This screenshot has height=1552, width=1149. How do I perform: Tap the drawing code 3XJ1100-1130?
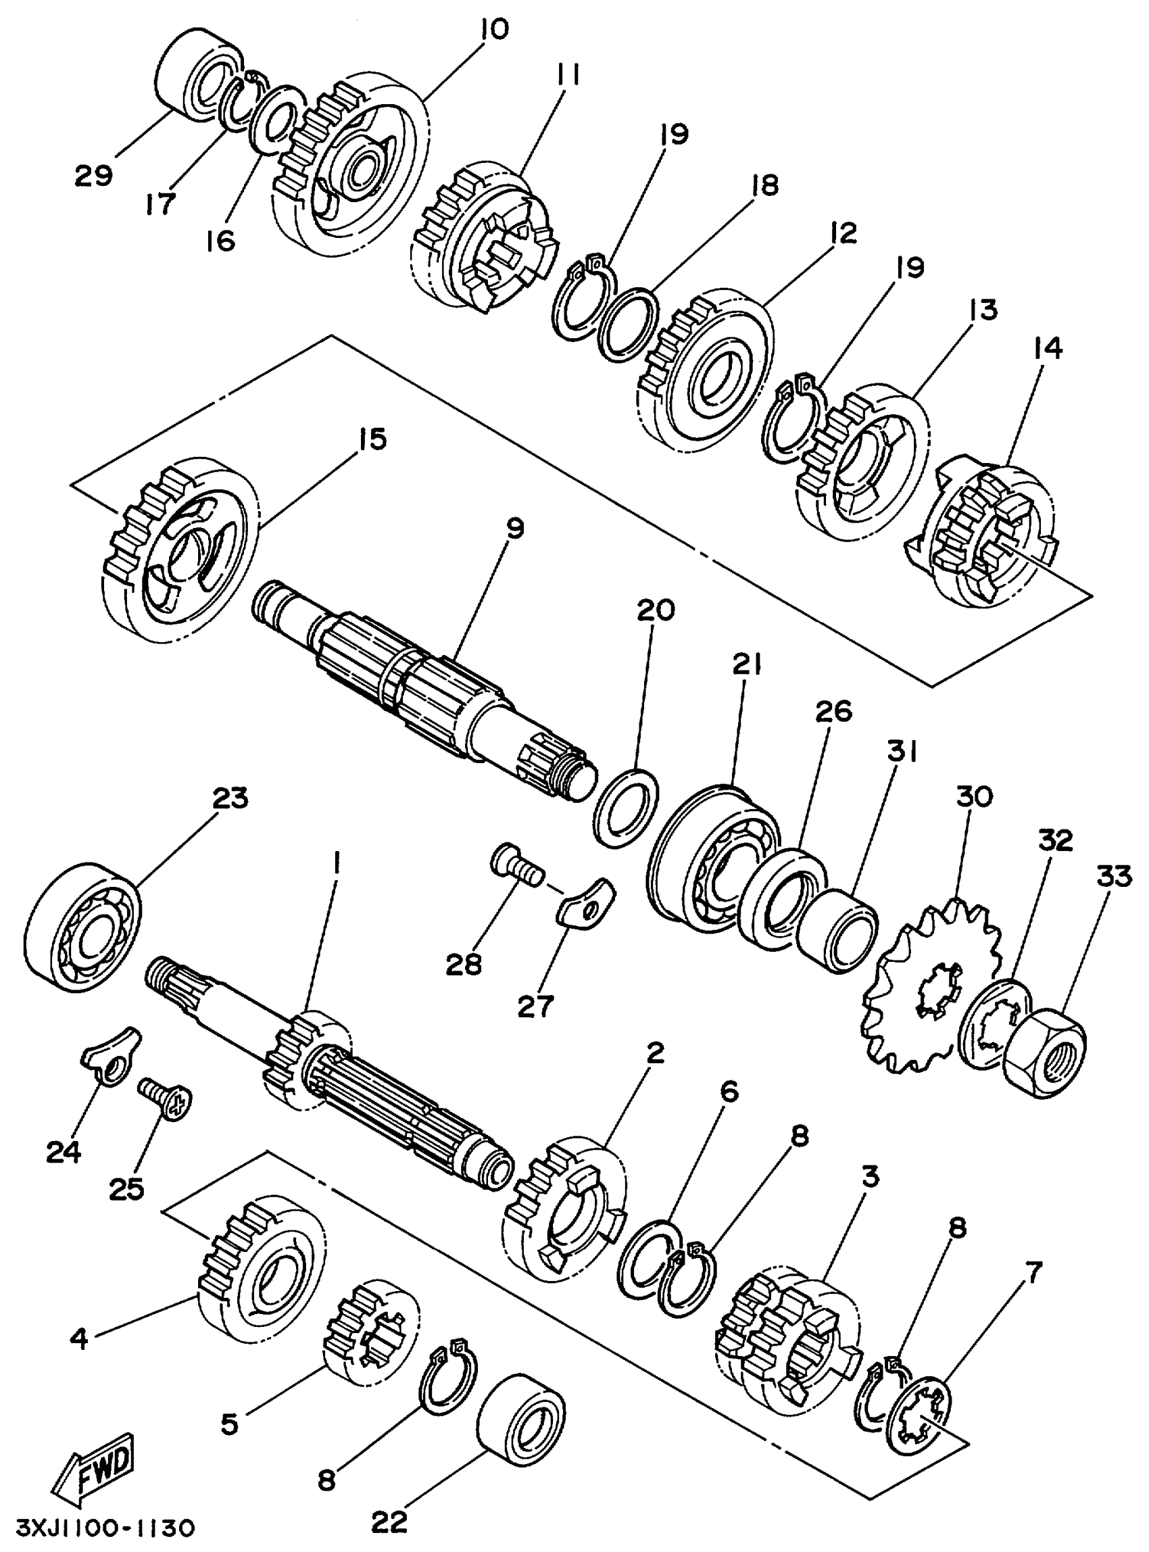click(x=98, y=1528)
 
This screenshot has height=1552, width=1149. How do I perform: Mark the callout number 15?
click(x=373, y=439)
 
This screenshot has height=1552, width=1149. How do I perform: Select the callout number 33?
click(x=1115, y=877)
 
